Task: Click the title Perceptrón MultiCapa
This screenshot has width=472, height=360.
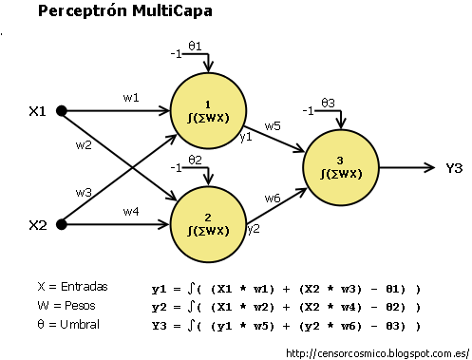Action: click(124, 12)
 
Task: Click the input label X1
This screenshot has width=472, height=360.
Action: click(37, 111)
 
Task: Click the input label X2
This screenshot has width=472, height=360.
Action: click(37, 226)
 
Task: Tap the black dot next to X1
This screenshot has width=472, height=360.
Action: click(62, 111)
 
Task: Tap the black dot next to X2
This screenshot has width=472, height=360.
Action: click(62, 225)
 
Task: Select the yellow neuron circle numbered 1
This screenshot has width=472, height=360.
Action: click(208, 111)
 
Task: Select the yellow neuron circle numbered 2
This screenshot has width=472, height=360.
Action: click(208, 224)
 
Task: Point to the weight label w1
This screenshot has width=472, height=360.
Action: click(131, 97)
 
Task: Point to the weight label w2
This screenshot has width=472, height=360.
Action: click(85, 144)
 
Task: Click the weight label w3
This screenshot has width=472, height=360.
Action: click(85, 193)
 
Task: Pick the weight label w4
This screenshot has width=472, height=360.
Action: click(131, 211)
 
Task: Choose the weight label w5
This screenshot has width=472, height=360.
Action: click(273, 125)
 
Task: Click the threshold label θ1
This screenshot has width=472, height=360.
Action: click(195, 45)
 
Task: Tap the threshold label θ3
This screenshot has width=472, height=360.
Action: click(329, 102)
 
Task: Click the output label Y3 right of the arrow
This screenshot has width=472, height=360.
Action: click(453, 168)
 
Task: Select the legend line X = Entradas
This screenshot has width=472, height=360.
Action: click(72, 286)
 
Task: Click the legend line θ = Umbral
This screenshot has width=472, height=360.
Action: click(67, 325)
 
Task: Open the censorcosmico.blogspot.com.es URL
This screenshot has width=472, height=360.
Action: click(377, 352)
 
